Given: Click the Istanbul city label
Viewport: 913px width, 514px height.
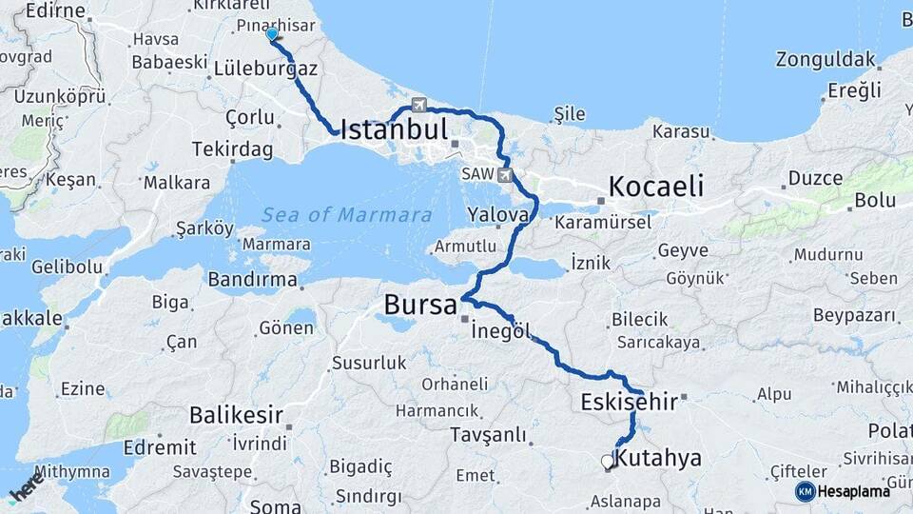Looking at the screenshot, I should pyautogui.click(x=393, y=129).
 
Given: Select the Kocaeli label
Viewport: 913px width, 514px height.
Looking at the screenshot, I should pyautogui.click(x=656, y=186).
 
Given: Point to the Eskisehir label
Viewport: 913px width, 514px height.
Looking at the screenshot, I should pyautogui.click(x=629, y=402).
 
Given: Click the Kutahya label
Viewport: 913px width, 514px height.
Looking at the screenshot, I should pyautogui.click(x=658, y=459).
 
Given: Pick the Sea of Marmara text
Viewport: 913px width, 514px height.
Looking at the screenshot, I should pyautogui.click(x=347, y=215).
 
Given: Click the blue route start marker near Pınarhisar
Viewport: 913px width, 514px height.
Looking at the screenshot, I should pyautogui.click(x=272, y=35).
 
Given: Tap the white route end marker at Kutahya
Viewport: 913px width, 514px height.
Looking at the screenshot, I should pyautogui.click(x=608, y=462).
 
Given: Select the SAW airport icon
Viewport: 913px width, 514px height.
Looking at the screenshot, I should pyautogui.click(x=504, y=175).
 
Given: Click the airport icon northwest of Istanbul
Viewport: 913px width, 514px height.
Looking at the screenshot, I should pyautogui.click(x=419, y=105).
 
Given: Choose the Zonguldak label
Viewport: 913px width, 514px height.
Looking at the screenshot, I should pyautogui.click(x=825, y=59).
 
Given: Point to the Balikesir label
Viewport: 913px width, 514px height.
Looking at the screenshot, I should pyautogui.click(x=236, y=415).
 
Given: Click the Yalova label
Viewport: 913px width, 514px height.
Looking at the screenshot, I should pyautogui.click(x=497, y=215).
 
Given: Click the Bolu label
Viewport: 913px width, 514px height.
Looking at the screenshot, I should pyautogui.click(x=875, y=200).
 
